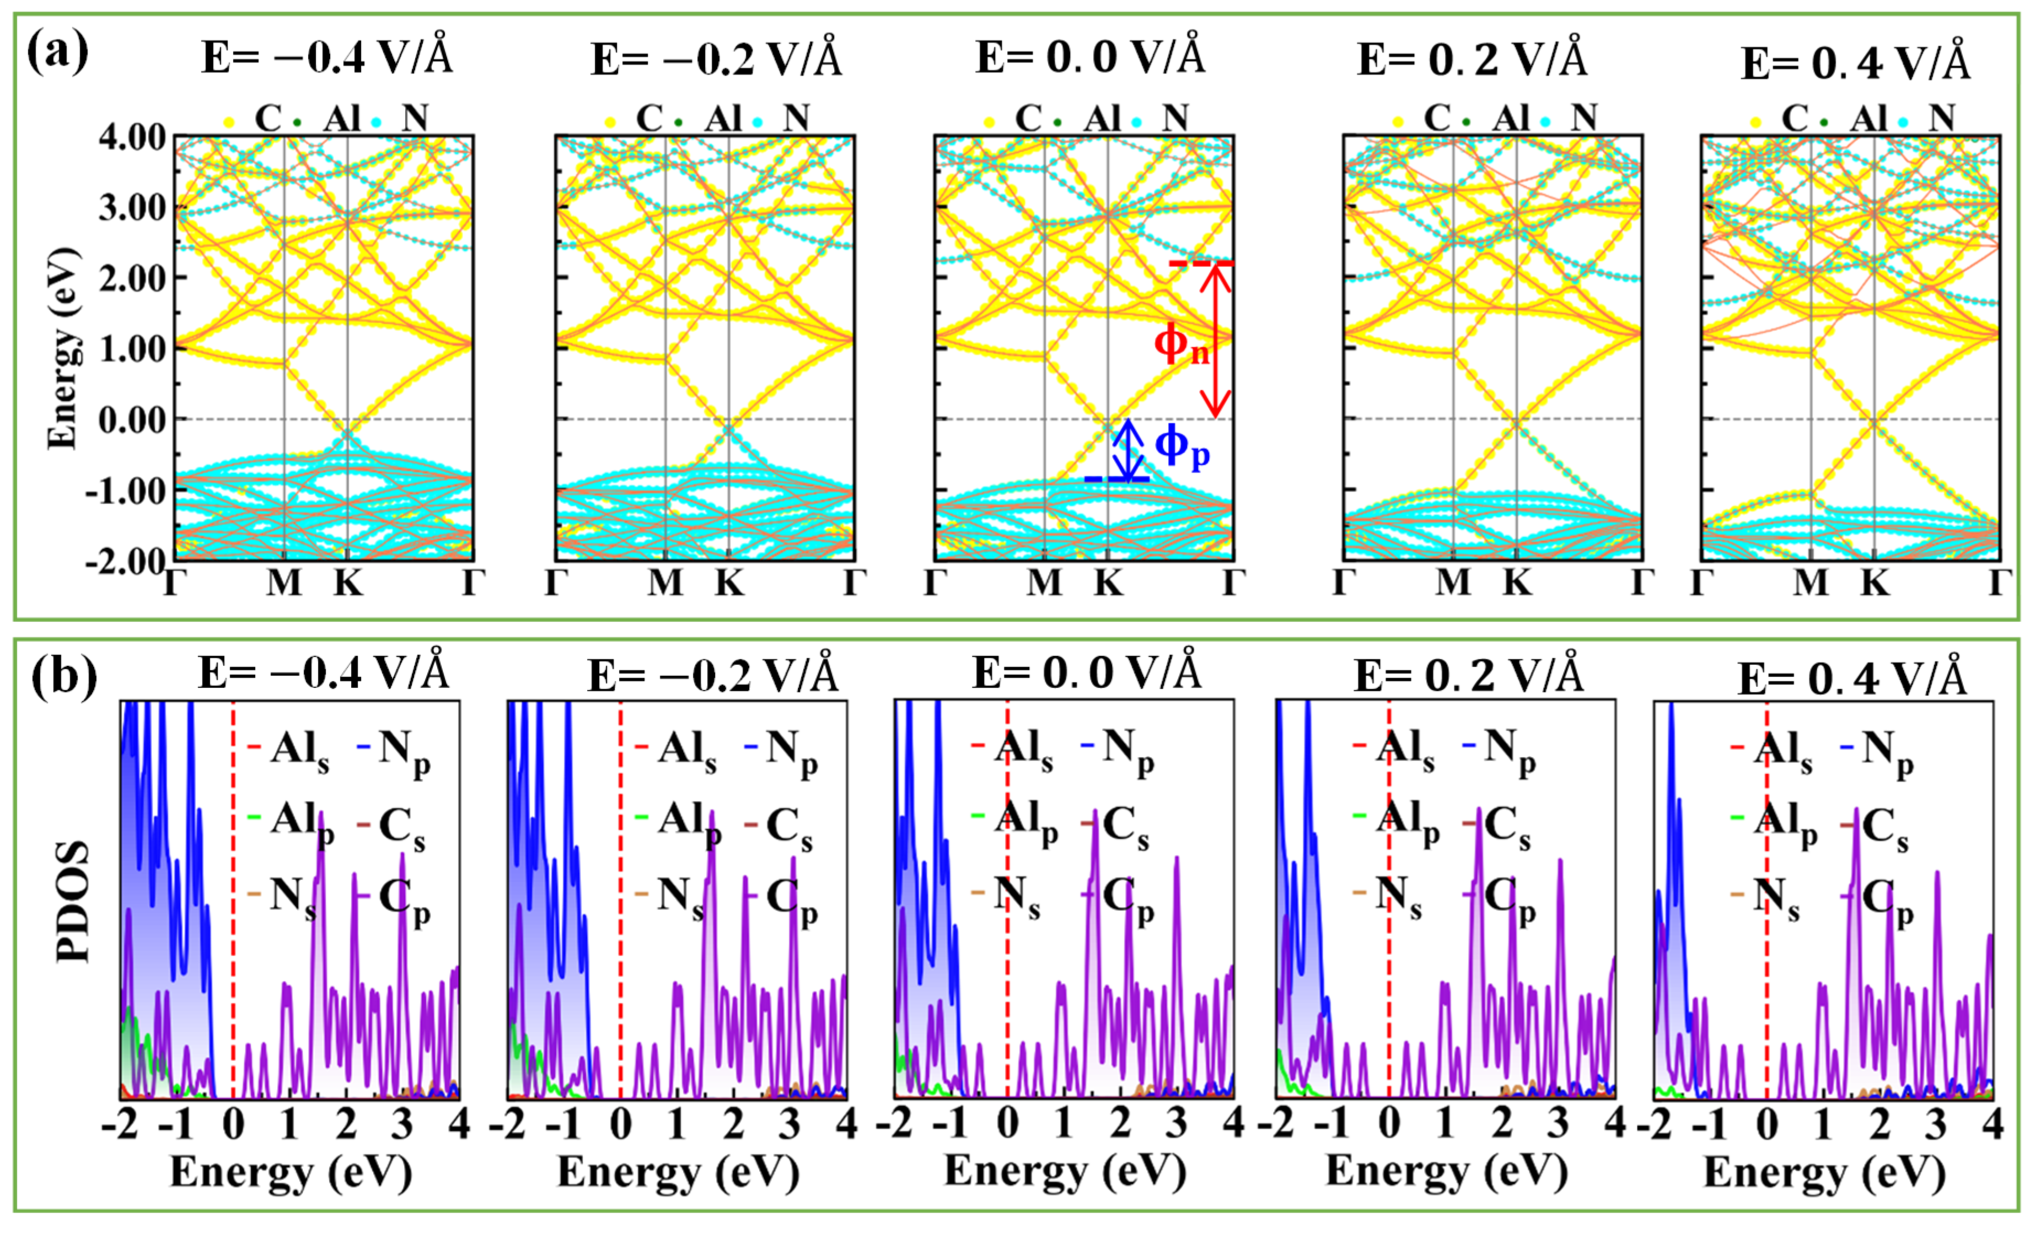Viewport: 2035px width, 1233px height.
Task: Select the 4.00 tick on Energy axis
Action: click(132, 137)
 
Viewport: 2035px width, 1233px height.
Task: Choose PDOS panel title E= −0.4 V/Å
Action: click(324, 673)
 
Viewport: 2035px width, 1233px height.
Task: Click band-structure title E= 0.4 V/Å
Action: click(1855, 63)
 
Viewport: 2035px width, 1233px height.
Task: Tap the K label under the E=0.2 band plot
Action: click(1516, 584)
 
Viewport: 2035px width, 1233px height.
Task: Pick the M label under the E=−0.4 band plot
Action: click(284, 584)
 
